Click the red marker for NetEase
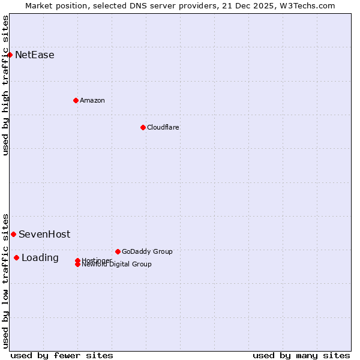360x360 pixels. point(10,55)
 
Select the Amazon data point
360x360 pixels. point(76,100)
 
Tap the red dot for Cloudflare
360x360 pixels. point(143,127)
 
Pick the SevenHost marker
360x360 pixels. point(13,234)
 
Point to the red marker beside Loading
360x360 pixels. point(16,257)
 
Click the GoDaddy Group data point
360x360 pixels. point(118,251)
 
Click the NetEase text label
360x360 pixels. point(35,55)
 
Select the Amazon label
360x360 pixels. point(92,100)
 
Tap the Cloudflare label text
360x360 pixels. point(163,127)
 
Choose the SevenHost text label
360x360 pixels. point(44,234)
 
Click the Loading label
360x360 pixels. point(40,258)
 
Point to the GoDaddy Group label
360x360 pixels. point(147,251)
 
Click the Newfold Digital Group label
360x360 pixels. point(117,264)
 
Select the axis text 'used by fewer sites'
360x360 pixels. point(62,355)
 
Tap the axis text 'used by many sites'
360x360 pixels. point(301,355)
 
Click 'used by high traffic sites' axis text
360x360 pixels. point(6,85)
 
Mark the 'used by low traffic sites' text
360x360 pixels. point(6,280)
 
